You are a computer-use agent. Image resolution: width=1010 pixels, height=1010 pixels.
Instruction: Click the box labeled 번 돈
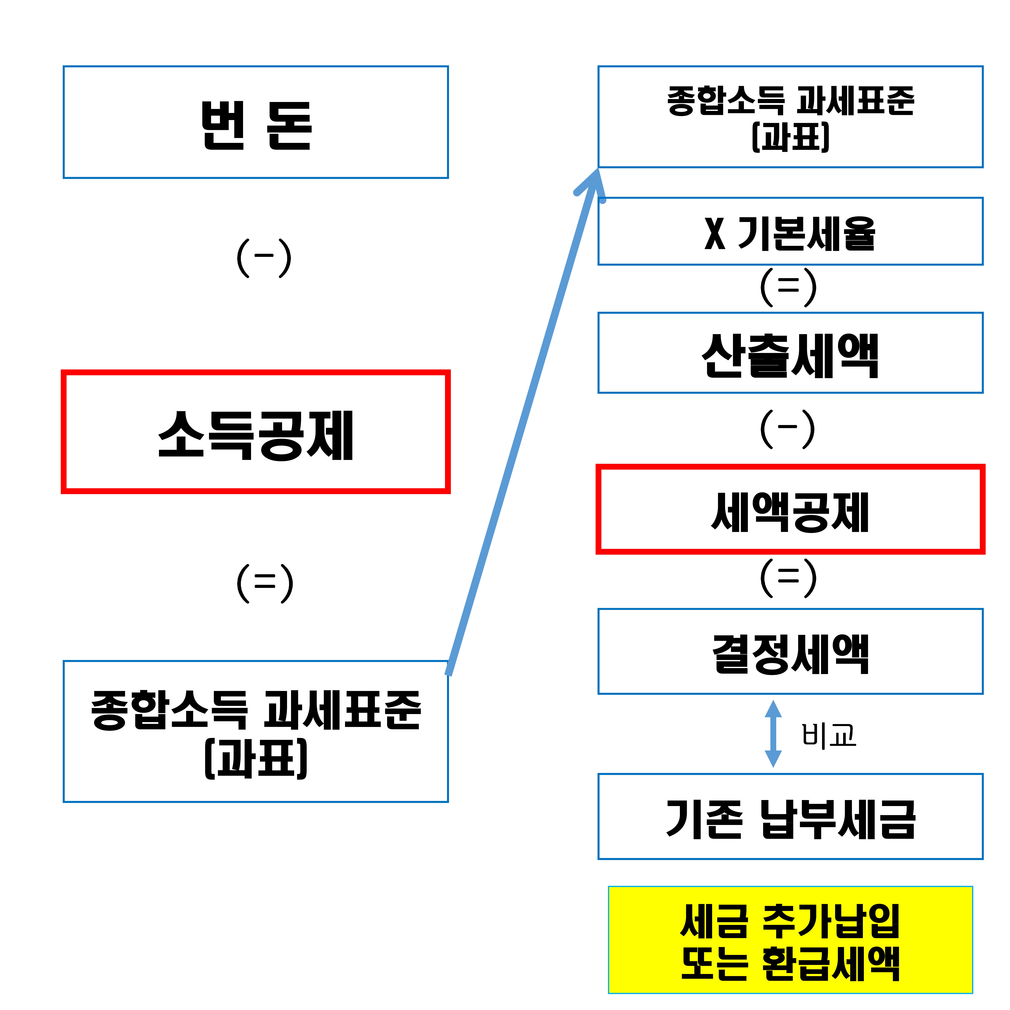pos(256,122)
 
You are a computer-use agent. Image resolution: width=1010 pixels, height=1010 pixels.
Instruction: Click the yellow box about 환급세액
pos(790,939)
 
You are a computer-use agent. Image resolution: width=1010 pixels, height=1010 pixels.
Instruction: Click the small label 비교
pos(829,735)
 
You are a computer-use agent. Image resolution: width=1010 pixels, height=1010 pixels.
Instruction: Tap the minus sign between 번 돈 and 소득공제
pos(264,256)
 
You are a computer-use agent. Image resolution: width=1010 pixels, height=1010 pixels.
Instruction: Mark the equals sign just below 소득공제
pos(265,583)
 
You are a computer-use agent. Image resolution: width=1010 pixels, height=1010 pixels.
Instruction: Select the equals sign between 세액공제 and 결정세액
pos(788,577)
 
